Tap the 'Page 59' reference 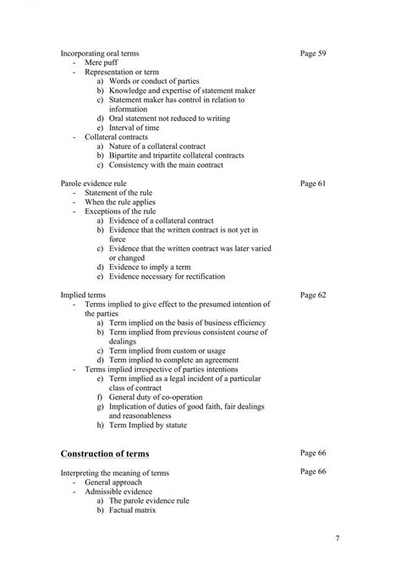coord(313,53)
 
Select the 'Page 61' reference coord(313,183)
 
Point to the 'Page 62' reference coord(313,295)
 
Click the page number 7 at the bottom coord(338,538)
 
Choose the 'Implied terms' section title coord(84,295)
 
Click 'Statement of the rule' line coord(119,192)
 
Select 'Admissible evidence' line coord(118,490)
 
